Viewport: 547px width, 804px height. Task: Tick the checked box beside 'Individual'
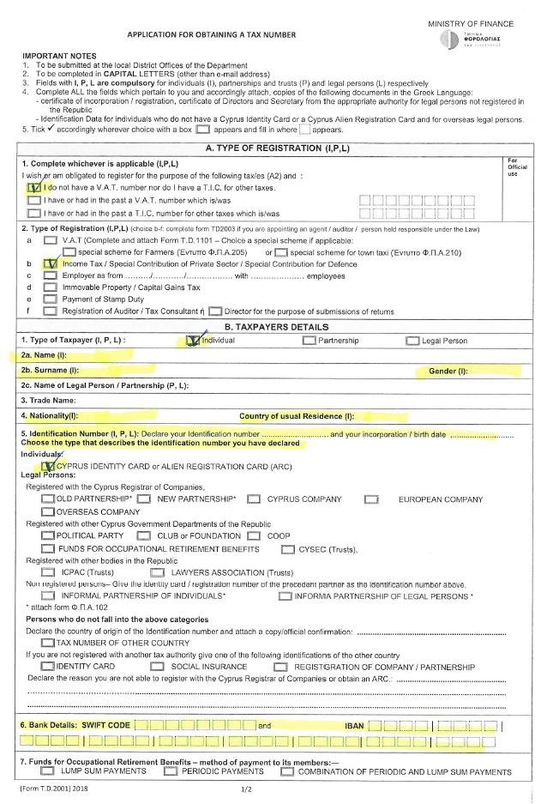point(193,341)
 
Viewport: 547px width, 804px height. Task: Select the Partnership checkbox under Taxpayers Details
point(309,341)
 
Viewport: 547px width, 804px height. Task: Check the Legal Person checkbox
point(412,341)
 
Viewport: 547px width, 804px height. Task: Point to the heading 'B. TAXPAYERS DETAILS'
point(276,327)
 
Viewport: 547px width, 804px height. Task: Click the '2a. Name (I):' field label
point(44,354)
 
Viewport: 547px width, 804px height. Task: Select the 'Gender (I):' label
point(448,371)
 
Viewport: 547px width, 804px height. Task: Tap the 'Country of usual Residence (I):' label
point(297,416)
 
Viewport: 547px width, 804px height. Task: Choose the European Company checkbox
point(371,499)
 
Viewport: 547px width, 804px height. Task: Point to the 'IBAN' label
point(354,725)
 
